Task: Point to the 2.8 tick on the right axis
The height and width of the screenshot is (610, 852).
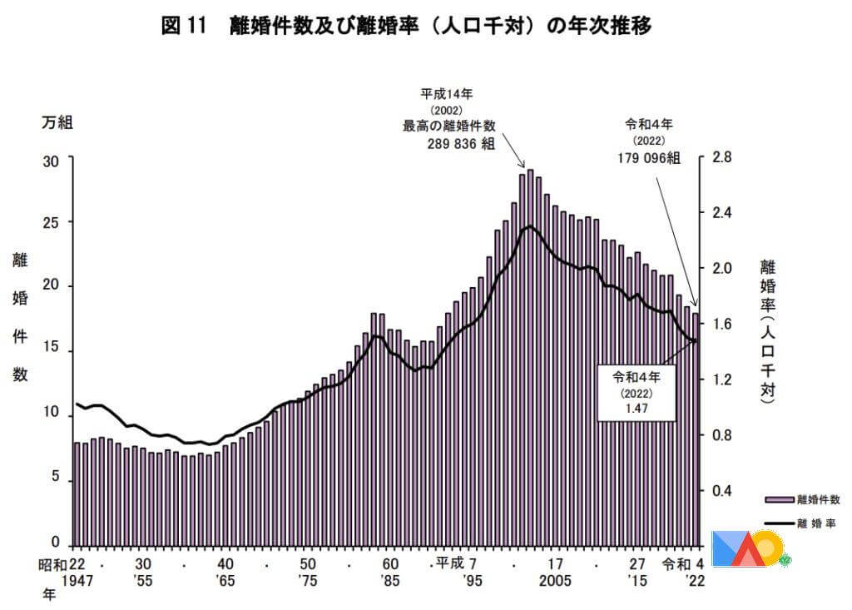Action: click(721, 157)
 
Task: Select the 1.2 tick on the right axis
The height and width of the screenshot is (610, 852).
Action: click(721, 379)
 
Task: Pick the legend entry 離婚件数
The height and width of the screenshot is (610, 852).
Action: click(819, 499)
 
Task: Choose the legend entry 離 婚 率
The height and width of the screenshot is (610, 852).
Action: click(819, 523)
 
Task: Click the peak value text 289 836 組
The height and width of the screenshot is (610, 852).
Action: click(460, 142)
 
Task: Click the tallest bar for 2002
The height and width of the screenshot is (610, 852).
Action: click(530, 358)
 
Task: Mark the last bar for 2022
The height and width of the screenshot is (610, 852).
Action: click(696, 429)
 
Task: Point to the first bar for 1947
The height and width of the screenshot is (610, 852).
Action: click(77, 494)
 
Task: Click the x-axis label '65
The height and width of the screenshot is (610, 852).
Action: click(225, 581)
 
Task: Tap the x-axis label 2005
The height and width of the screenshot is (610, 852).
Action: click(555, 581)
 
